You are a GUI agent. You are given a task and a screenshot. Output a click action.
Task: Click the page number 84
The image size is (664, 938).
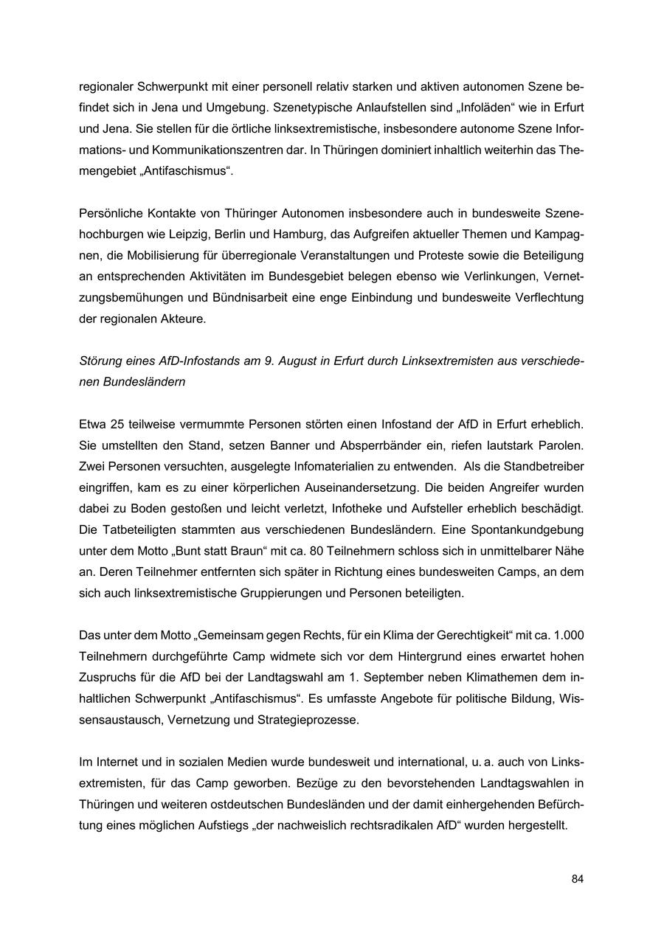(577, 879)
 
